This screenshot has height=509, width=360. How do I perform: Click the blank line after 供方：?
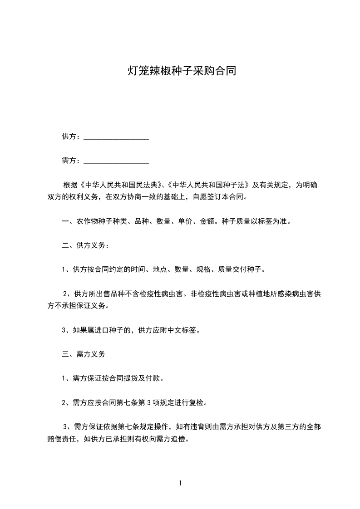click(116, 137)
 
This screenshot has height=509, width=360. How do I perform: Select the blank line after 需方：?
click(116, 161)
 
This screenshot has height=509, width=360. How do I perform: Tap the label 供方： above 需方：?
click(71, 137)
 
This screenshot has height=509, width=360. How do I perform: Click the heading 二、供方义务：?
click(85, 245)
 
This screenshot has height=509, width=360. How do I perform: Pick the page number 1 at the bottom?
click(180, 483)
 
